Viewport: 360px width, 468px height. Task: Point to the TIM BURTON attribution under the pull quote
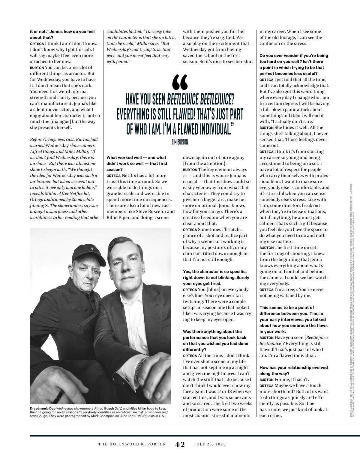click(x=180, y=142)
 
